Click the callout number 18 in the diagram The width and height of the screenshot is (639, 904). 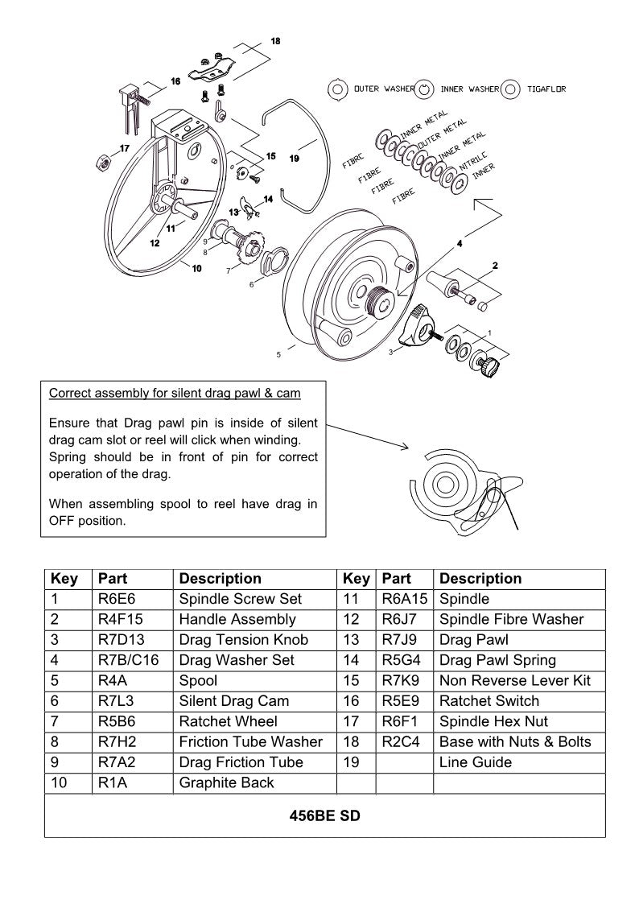(x=275, y=40)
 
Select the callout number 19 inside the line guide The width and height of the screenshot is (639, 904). (x=295, y=159)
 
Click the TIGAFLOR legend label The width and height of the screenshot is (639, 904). (x=546, y=89)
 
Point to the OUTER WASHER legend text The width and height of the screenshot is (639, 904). (x=384, y=89)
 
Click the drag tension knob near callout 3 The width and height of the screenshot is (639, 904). (x=420, y=323)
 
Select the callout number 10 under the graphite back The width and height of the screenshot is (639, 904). (x=196, y=269)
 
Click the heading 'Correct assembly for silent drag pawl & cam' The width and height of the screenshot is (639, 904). (x=175, y=394)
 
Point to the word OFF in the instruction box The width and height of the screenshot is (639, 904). (x=63, y=521)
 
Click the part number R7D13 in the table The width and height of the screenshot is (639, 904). (x=118, y=640)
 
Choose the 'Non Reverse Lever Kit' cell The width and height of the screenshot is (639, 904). (x=515, y=681)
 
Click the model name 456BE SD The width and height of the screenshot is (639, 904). (x=324, y=816)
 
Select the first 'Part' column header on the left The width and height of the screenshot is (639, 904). (x=113, y=579)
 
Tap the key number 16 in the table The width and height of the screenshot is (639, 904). (x=351, y=701)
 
